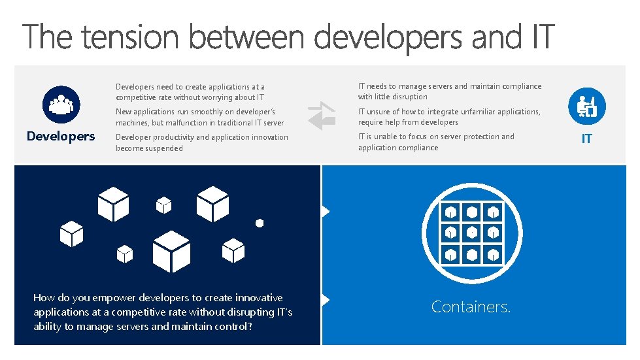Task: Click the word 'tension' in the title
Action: (x=130, y=37)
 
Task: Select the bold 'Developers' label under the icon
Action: (x=61, y=136)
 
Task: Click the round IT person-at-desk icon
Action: (x=586, y=105)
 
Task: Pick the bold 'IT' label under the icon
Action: (x=586, y=139)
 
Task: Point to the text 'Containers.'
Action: (x=471, y=306)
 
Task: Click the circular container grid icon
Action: (x=471, y=232)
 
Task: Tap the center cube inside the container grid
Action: (x=471, y=232)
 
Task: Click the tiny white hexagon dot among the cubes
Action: (x=260, y=223)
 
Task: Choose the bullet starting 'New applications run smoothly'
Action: (x=199, y=117)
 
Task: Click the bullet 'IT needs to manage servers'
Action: (x=449, y=91)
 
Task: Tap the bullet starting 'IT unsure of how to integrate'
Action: (x=449, y=117)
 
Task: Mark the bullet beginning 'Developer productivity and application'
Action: (x=201, y=142)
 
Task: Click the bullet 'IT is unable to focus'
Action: (x=436, y=142)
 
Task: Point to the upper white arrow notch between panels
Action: (x=326, y=211)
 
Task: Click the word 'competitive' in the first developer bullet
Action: (x=143, y=97)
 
